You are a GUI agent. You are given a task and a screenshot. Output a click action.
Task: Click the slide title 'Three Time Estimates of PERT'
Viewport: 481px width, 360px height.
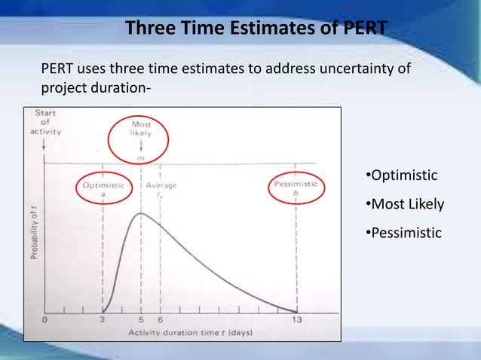point(256,28)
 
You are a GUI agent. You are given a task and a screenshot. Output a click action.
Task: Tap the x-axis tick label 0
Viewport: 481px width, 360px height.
point(44,319)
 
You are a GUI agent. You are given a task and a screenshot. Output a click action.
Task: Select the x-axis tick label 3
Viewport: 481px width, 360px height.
point(103,319)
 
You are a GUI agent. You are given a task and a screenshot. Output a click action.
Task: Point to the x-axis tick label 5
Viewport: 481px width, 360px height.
point(141,319)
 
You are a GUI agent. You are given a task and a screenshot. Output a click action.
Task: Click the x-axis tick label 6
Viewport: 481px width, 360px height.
point(160,319)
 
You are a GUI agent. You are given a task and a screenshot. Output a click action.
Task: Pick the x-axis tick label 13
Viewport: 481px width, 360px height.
point(296,319)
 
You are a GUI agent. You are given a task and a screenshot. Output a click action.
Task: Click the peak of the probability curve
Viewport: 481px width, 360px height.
point(141,214)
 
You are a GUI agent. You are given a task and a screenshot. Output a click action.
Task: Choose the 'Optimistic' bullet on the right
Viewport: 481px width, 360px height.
point(400,175)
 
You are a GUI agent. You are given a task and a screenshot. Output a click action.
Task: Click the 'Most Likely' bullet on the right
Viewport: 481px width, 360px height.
point(404,204)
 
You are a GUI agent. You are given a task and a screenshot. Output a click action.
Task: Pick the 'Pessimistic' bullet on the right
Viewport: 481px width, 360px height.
point(403,233)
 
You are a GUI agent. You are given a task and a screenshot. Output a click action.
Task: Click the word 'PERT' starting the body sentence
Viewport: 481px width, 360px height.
point(57,70)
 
